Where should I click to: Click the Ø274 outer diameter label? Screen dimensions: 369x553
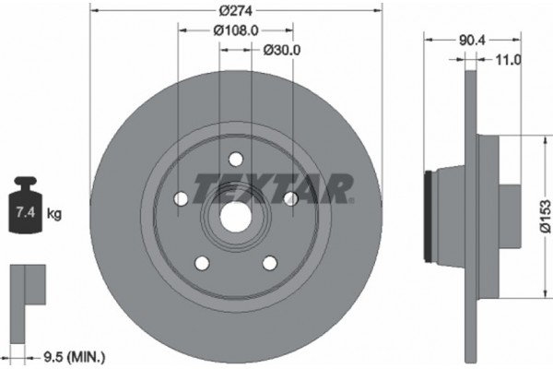[236, 10]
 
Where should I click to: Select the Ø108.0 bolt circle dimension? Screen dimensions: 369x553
[235, 30]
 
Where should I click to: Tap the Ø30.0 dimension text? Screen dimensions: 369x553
[282, 50]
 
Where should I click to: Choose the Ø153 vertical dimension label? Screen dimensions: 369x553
[545, 212]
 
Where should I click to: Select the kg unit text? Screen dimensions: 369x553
[54, 214]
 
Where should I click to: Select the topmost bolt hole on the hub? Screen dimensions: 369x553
[235, 159]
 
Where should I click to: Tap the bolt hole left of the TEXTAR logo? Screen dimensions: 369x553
[181, 198]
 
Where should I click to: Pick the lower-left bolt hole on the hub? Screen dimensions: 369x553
[202, 263]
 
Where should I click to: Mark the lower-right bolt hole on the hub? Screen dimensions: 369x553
[269, 263]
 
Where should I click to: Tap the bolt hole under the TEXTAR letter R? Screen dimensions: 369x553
[290, 198]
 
